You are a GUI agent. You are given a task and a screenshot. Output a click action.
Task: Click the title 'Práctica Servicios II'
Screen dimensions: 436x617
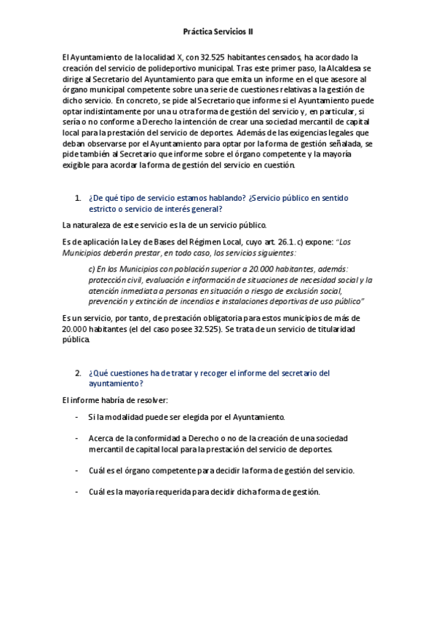(218, 32)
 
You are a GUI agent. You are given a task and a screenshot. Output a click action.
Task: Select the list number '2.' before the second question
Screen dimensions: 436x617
(78, 373)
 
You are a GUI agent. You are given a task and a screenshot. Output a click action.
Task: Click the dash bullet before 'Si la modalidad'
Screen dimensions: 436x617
(78, 417)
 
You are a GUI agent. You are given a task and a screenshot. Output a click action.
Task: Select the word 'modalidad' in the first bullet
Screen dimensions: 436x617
(123, 417)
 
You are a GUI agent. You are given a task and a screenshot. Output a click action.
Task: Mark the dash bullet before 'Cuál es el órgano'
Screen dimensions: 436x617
(78, 470)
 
